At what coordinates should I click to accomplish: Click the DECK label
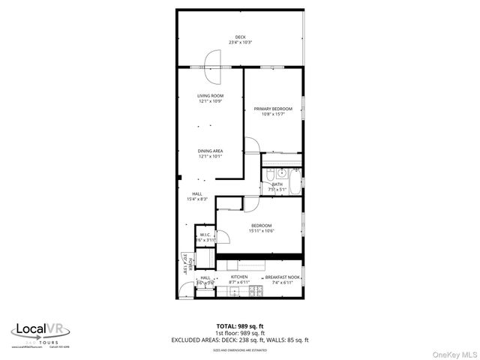(240, 37)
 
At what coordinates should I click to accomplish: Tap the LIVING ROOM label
(211, 95)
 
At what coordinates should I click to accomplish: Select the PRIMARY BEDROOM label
(273, 109)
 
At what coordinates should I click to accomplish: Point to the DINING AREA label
(211, 151)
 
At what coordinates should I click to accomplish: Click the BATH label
(277, 184)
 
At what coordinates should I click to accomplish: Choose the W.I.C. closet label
(204, 235)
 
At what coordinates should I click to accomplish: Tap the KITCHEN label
(239, 277)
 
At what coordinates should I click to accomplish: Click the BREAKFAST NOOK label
(282, 277)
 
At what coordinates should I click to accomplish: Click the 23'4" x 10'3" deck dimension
(240, 42)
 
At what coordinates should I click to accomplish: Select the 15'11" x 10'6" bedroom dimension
(261, 230)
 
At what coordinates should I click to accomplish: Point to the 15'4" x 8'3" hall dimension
(197, 199)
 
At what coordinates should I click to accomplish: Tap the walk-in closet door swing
(223, 236)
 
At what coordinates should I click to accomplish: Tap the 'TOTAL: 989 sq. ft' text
(239, 326)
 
